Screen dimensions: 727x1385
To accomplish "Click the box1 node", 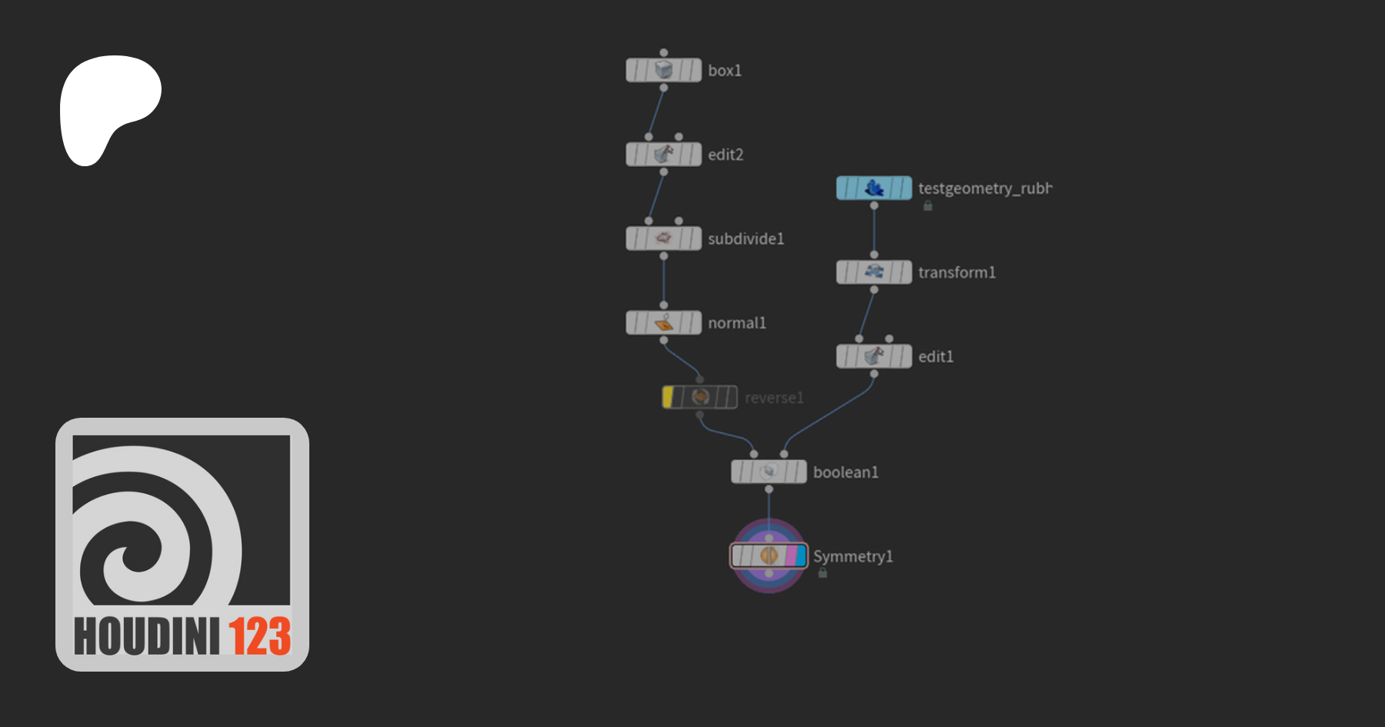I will point(663,70).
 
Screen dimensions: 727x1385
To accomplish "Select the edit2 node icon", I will point(663,155).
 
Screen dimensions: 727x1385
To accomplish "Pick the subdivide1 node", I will point(663,238).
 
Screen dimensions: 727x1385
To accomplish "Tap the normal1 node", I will point(663,323).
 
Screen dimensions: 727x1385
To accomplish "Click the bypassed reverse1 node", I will point(700,397).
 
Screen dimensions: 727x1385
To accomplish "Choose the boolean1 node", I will point(769,472).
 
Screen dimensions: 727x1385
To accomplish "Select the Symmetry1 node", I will point(769,555).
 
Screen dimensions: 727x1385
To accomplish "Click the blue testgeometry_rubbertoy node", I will point(874,188).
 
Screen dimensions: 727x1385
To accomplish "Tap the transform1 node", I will point(874,272).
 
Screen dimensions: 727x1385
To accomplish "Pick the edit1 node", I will point(874,356).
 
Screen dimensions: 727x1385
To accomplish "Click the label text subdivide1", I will point(746,239).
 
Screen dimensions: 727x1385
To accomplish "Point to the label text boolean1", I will point(846,472).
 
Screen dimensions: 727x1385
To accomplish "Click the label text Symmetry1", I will point(853,556).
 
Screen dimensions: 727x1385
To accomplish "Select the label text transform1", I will point(956,272).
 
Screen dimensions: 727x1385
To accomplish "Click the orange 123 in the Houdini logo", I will point(259,636).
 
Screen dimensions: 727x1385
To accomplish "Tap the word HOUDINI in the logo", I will point(146,636).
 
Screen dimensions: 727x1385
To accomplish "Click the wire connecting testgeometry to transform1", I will point(874,230).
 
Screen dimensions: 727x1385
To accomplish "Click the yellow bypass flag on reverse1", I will point(668,397).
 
